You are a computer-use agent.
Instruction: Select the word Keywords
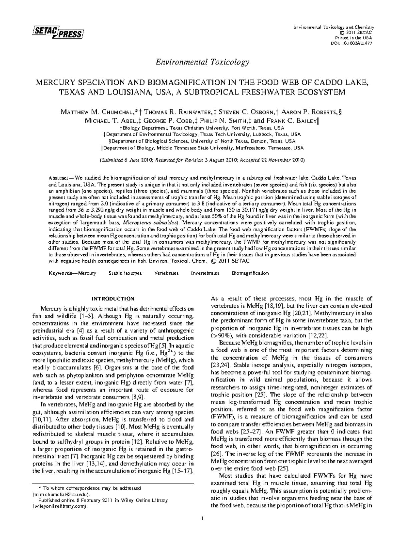61,273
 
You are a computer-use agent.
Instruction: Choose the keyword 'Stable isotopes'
125,273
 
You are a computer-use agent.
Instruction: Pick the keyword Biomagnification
250,273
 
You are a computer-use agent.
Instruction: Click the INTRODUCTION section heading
113,298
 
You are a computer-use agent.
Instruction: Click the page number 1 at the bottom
202,518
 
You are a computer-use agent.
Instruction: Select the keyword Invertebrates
205,273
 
